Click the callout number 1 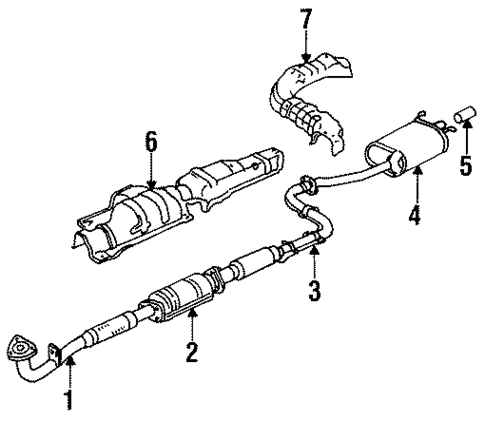click(69, 401)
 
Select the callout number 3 click(314, 293)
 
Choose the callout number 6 click(151, 142)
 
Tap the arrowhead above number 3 click(314, 256)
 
